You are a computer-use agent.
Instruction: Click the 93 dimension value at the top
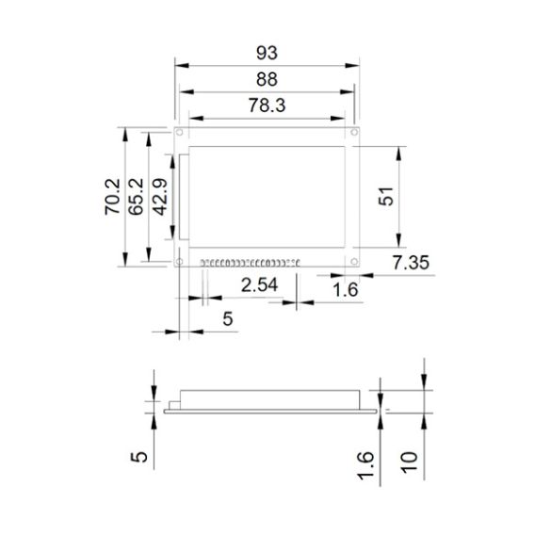point(267,52)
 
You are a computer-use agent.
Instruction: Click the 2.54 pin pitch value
point(260,285)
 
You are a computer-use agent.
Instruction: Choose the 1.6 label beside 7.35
point(346,290)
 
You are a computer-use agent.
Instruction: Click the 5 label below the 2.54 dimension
point(226,320)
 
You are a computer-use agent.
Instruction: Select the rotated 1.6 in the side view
point(367,465)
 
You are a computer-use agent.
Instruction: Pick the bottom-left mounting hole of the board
point(179,262)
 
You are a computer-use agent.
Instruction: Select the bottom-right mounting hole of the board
point(354,262)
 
